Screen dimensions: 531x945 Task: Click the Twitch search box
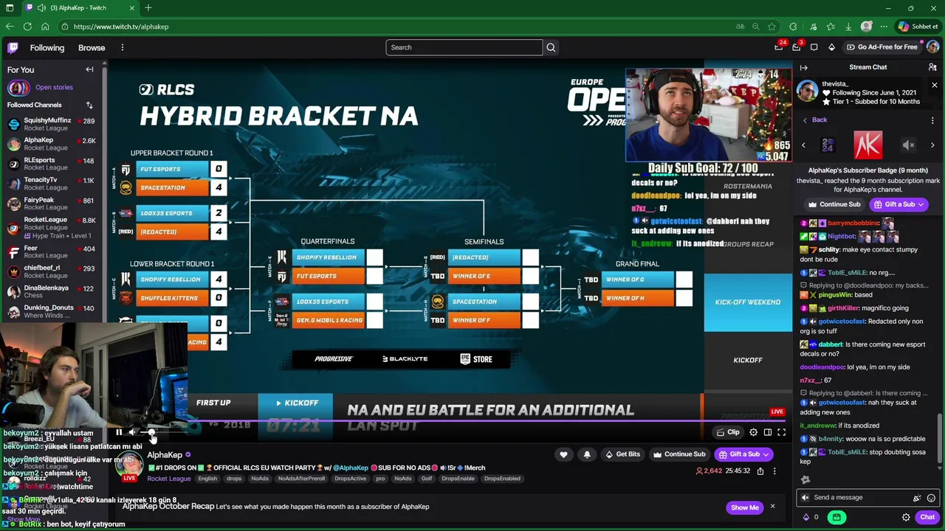pyautogui.click(x=464, y=47)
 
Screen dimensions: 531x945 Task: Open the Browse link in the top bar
pyautogui.click(x=92, y=48)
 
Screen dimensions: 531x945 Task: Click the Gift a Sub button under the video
pyautogui.click(x=744, y=454)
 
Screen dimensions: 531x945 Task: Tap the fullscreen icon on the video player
pyautogui.click(x=781, y=432)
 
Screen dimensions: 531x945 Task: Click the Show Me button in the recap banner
pyautogui.click(x=744, y=507)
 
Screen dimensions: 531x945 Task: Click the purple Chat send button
pyautogui.click(x=927, y=518)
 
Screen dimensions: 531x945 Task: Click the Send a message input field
pyautogui.click(x=856, y=498)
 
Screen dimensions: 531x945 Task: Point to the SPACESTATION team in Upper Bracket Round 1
pyautogui.click(x=174, y=187)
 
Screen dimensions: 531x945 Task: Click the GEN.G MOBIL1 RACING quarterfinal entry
pyautogui.click(x=329, y=320)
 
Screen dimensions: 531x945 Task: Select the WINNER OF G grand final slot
pyautogui.click(x=636, y=280)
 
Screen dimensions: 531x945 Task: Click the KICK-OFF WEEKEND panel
pyautogui.click(x=747, y=302)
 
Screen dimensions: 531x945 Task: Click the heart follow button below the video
pyautogui.click(x=563, y=454)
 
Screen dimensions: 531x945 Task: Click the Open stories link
pyautogui.click(x=54, y=87)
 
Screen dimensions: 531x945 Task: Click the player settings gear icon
pyautogui.click(x=753, y=432)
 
